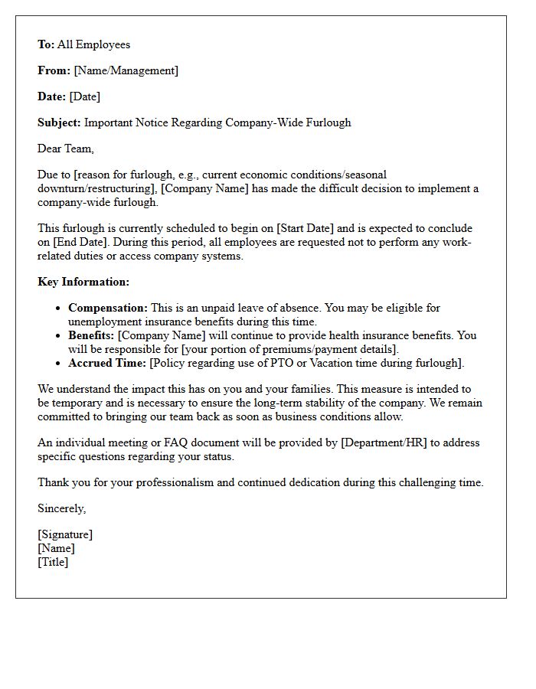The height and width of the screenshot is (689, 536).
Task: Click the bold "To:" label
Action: [46, 44]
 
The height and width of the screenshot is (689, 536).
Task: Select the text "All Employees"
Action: [93, 44]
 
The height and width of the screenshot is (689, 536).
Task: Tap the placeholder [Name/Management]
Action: [126, 70]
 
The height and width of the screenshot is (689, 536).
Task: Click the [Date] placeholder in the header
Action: [84, 96]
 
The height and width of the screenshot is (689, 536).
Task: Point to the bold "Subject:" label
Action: [59, 122]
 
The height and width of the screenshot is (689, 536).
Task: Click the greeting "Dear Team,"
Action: [66, 149]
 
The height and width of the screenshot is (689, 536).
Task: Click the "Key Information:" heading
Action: [83, 282]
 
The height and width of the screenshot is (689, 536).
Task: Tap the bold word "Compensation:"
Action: [108, 308]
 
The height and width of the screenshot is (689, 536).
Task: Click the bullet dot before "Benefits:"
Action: [59, 336]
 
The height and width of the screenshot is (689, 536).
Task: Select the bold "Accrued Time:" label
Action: [107, 363]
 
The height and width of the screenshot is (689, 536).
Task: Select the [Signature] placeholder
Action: [65, 534]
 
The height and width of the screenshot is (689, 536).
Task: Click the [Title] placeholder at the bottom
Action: [53, 562]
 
